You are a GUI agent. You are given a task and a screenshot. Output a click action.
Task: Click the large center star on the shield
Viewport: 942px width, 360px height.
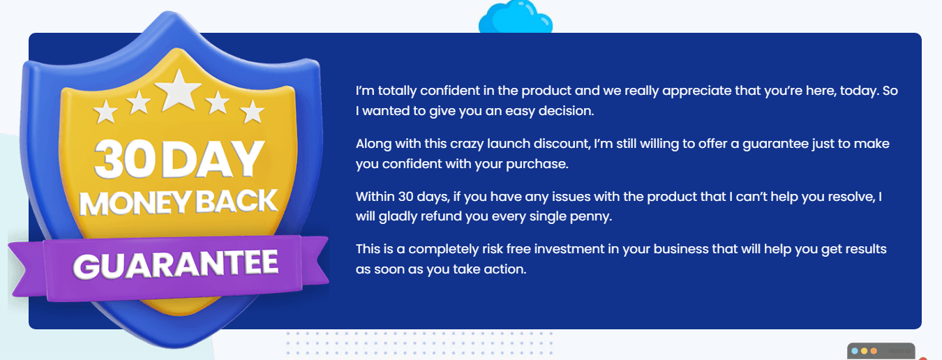click(x=179, y=91)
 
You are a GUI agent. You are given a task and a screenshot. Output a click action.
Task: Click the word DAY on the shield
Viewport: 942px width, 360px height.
click(x=212, y=159)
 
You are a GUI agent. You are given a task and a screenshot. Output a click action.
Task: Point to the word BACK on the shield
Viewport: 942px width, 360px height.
click(x=237, y=201)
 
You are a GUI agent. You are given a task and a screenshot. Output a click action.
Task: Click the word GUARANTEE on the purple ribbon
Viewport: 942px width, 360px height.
click(x=175, y=264)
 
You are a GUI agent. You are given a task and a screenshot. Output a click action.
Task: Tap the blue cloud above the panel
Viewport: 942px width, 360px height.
click(x=516, y=17)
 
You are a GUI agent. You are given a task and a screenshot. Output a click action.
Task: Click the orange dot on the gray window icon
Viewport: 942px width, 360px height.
click(x=874, y=351)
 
